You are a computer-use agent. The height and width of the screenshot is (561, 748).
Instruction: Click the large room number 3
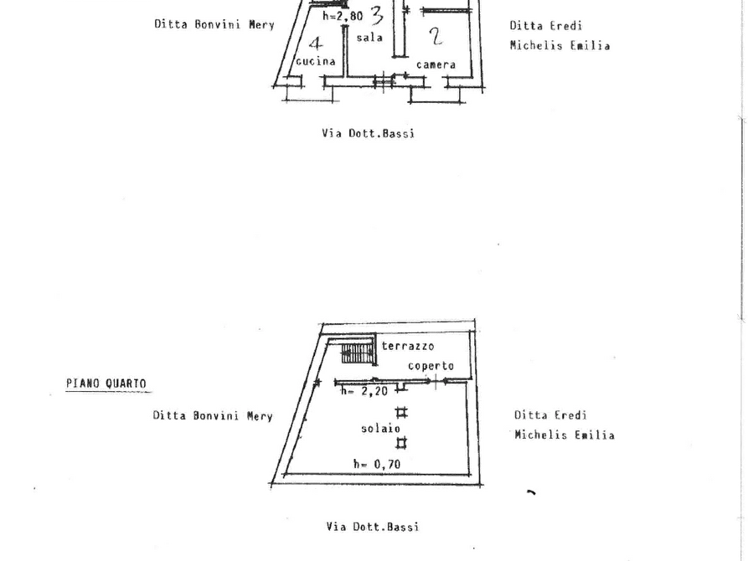click(377, 15)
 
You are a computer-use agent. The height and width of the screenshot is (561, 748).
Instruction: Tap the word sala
click(369, 38)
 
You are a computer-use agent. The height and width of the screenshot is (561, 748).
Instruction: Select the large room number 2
click(435, 35)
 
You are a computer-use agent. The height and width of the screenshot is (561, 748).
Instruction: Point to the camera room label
click(436, 64)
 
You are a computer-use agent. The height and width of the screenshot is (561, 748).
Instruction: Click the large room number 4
click(315, 43)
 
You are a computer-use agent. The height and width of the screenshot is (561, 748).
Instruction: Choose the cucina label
click(316, 61)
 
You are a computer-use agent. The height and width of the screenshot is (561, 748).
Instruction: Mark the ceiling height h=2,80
click(342, 16)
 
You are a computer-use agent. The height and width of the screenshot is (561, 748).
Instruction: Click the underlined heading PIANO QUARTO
click(106, 383)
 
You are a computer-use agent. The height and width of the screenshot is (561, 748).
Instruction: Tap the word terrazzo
click(408, 346)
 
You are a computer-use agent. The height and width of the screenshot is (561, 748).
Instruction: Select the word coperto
click(431, 366)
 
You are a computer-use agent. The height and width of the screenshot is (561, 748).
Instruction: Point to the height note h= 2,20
click(363, 390)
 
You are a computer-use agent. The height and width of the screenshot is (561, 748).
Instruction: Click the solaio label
click(374, 429)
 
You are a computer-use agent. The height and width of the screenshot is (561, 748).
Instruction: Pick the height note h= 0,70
click(375, 464)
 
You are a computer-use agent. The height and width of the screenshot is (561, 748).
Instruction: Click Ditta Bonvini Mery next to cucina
click(209, 24)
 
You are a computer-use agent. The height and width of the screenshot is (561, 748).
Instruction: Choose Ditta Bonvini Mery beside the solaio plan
click(213, 415)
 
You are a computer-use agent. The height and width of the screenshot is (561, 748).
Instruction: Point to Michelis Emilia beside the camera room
click(560, 46)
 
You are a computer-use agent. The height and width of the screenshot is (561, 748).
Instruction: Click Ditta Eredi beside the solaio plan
click(551, 415)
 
